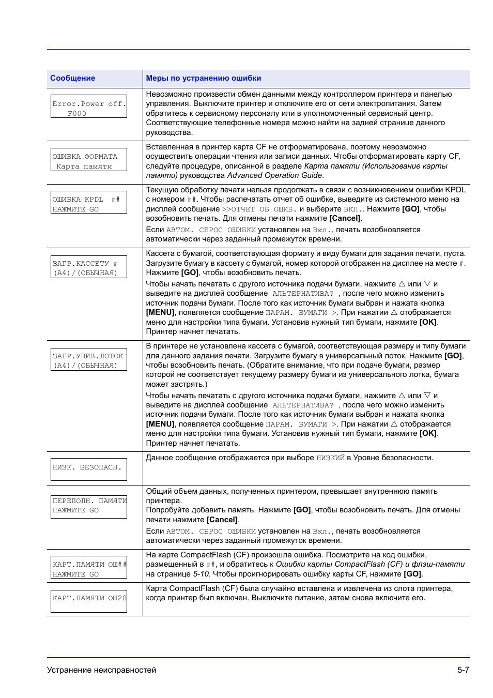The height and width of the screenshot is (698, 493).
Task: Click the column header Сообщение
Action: click(x=72, y=78)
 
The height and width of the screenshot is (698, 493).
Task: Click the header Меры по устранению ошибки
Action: click(x=203, y=78)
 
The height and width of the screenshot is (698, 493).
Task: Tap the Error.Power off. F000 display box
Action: click(x=89, y=107)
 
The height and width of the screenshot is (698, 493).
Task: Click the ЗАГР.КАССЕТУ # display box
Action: click(x=89, y=267)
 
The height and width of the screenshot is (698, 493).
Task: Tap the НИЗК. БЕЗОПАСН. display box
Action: click(x=89, y=469)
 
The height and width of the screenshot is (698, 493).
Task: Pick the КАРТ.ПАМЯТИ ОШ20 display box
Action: click(x=89, y=601)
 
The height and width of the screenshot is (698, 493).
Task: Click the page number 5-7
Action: click(x=463, y=670)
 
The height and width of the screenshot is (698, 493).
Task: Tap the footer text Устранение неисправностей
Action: click(x=101, y=670)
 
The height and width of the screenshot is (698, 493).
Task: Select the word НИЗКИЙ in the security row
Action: click(x=330, y=458)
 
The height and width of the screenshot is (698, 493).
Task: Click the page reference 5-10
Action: click(x=201, y=574)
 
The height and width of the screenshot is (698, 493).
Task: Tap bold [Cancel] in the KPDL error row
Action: click(x=345, y=218)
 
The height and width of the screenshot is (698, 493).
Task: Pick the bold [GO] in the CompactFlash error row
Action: click(x=413, y=574)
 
